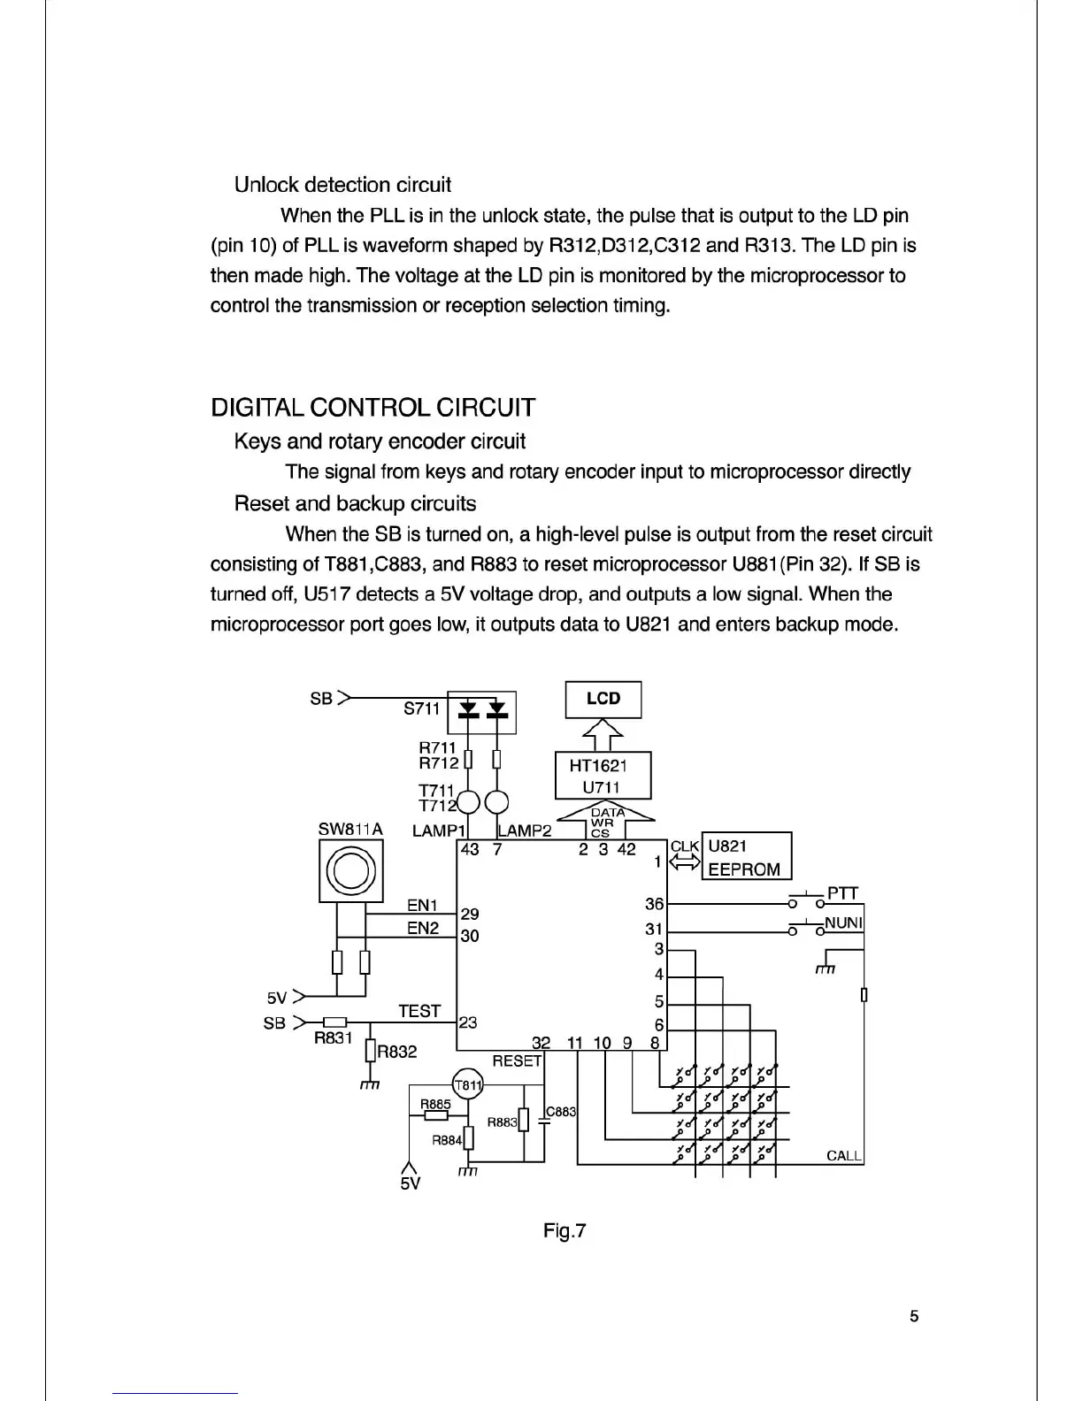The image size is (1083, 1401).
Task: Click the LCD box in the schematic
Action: (x=603, y=699)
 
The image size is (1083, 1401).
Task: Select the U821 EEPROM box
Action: (x=746, y=856)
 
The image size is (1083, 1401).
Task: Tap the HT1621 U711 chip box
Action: (x=603, y=776)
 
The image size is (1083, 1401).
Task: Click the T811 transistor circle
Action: (x=467, y=1085)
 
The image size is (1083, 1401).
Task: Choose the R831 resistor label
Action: (x=334, y=1038)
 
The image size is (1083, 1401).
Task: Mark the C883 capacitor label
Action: (x=562, y=1111)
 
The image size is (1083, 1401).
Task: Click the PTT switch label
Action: (x=842, y=892)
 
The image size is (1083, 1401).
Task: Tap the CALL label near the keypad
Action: (x=844, y=1155)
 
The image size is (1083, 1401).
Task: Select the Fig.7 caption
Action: (x=565, y=1230)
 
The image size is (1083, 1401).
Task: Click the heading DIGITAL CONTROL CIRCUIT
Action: (x=373, y=408)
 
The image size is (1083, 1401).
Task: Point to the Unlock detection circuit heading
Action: (x=342, y=185)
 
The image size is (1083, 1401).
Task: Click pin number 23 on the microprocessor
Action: (x=468, y=1022)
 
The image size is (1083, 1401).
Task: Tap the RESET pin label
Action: (x=517, y=1060)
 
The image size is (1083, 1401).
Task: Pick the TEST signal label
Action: (x=419, y=1011)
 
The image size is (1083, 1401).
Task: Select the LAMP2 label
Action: (x=525, y=830)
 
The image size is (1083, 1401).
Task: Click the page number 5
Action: (x=914, y=1316)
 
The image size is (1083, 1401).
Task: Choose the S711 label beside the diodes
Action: (x=421, y=708)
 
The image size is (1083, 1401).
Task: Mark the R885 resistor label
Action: (x=435, y=1104)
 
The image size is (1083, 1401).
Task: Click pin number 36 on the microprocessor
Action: (x=654, y=905)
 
